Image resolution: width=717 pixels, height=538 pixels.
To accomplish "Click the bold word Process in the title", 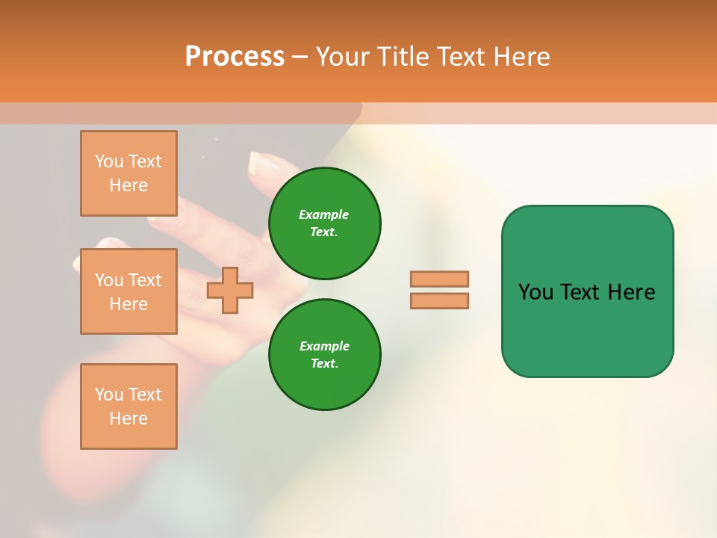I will (x=235, y=56).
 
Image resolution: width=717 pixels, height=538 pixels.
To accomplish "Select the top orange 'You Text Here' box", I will (x=128, y=173).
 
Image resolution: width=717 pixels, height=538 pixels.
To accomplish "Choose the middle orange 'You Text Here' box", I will (x=128, y=291).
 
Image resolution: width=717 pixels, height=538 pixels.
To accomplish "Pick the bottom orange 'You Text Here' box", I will (x=128, y=406).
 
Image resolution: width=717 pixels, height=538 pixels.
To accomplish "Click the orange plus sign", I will (x=230, y=290).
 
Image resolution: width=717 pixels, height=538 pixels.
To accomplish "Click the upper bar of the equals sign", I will (x=439, y=279).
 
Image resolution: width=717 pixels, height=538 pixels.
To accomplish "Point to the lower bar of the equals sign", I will (x=439, y=300).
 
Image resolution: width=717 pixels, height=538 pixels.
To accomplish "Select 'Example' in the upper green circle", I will (x=324, y=214).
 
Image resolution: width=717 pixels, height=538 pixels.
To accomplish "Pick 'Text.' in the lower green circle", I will (x=324, y=363).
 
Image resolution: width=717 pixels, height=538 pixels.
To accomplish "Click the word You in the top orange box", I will (x=108, y=161).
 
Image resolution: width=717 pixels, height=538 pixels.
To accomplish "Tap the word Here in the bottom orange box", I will (x=128, y=418).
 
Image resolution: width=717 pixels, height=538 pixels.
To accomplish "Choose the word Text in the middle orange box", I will (x=145, y=280).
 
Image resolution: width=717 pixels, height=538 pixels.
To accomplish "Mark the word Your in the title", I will (x=344, y=57).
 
